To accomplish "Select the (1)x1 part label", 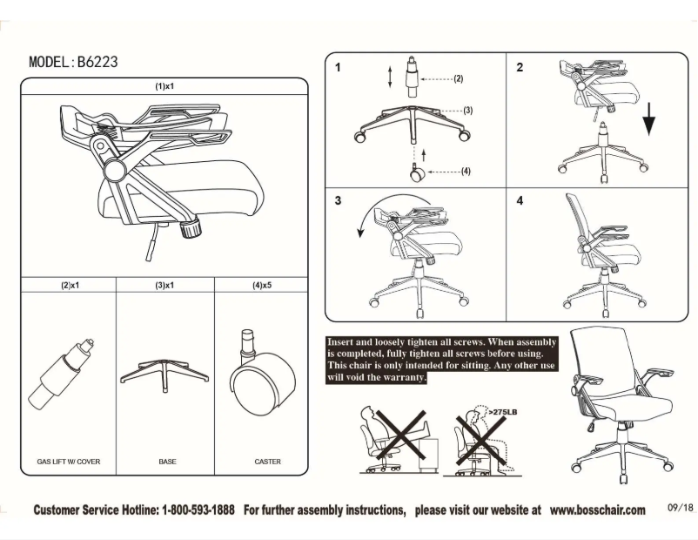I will click(164, 87).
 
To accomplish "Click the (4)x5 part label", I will click(262, 285).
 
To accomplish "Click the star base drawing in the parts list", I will click(164, 369).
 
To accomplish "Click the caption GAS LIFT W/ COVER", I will click(69, 462).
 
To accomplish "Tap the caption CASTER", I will click(267, 462).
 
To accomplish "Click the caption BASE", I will click(167, 462).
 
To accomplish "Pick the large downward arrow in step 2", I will click(649, 118).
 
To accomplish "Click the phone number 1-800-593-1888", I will click(198, 510).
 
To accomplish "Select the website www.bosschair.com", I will click(597, 510).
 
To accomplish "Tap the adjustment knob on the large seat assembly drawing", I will click(189, 230).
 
